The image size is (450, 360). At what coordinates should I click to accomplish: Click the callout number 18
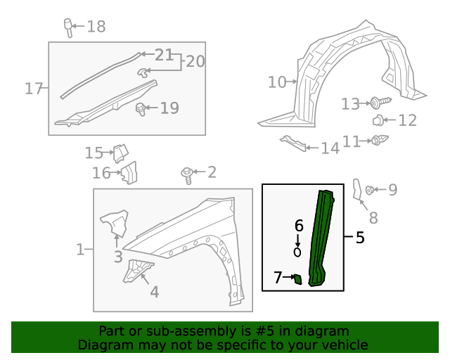(96, 27)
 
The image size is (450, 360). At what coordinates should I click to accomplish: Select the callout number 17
(34, 89)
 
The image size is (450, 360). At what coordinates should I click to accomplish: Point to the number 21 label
(164, 55)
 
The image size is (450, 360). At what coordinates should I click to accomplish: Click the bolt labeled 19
(141, 108)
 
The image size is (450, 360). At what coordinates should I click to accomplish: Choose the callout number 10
(278, 82)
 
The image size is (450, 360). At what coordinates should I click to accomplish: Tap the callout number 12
(407, 120)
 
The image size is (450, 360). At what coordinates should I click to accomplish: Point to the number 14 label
(330, 148)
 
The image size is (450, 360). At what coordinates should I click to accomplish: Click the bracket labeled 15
(120, 153)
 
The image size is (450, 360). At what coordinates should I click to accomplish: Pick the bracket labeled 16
(129, 172)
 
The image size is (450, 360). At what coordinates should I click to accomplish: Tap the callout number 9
(392, 189)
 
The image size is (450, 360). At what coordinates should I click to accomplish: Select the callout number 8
(373, 218)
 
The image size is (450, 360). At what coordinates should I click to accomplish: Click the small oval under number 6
(297, 251)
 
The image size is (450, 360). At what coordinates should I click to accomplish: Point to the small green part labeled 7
(297, 279)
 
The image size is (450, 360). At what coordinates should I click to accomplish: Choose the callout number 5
(360, 238)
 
